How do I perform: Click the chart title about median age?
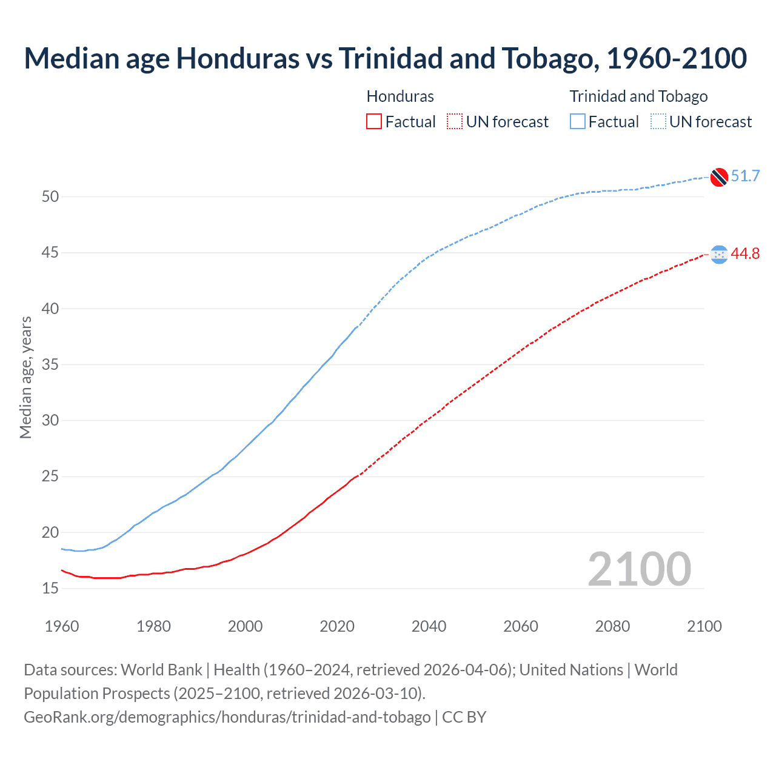coord(386,58)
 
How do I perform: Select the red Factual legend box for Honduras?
coord(374,121)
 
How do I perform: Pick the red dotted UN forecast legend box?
coord(455,121)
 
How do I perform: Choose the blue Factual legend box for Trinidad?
coord(578,121)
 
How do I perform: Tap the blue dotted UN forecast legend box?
coord(658,121)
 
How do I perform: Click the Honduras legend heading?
coord(400,96)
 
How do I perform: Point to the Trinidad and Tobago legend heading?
coord(638,96)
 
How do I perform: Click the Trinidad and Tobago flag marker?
coord(719,177)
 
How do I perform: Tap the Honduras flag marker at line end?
coord(719,255)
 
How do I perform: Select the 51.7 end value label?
coord(745,176)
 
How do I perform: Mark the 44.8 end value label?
coord(745,254)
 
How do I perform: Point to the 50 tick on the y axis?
coord(50,196)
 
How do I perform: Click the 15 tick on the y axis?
coord(50,588)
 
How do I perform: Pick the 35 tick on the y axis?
coord(50,364)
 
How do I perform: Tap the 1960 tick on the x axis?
coord(62,626)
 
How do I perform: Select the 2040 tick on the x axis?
coord(429,626)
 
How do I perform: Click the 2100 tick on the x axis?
coord(704,626)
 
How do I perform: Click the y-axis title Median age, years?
coord(25,377)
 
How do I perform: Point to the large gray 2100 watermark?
coord(639,569)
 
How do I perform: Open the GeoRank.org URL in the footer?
coord(227,717)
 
